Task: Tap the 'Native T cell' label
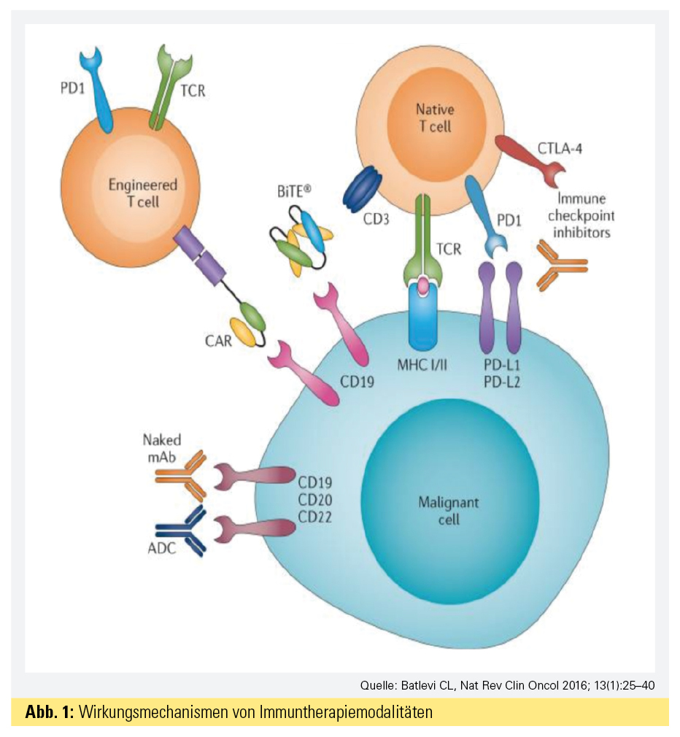point(434,117)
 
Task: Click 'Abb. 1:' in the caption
point(50,712)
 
